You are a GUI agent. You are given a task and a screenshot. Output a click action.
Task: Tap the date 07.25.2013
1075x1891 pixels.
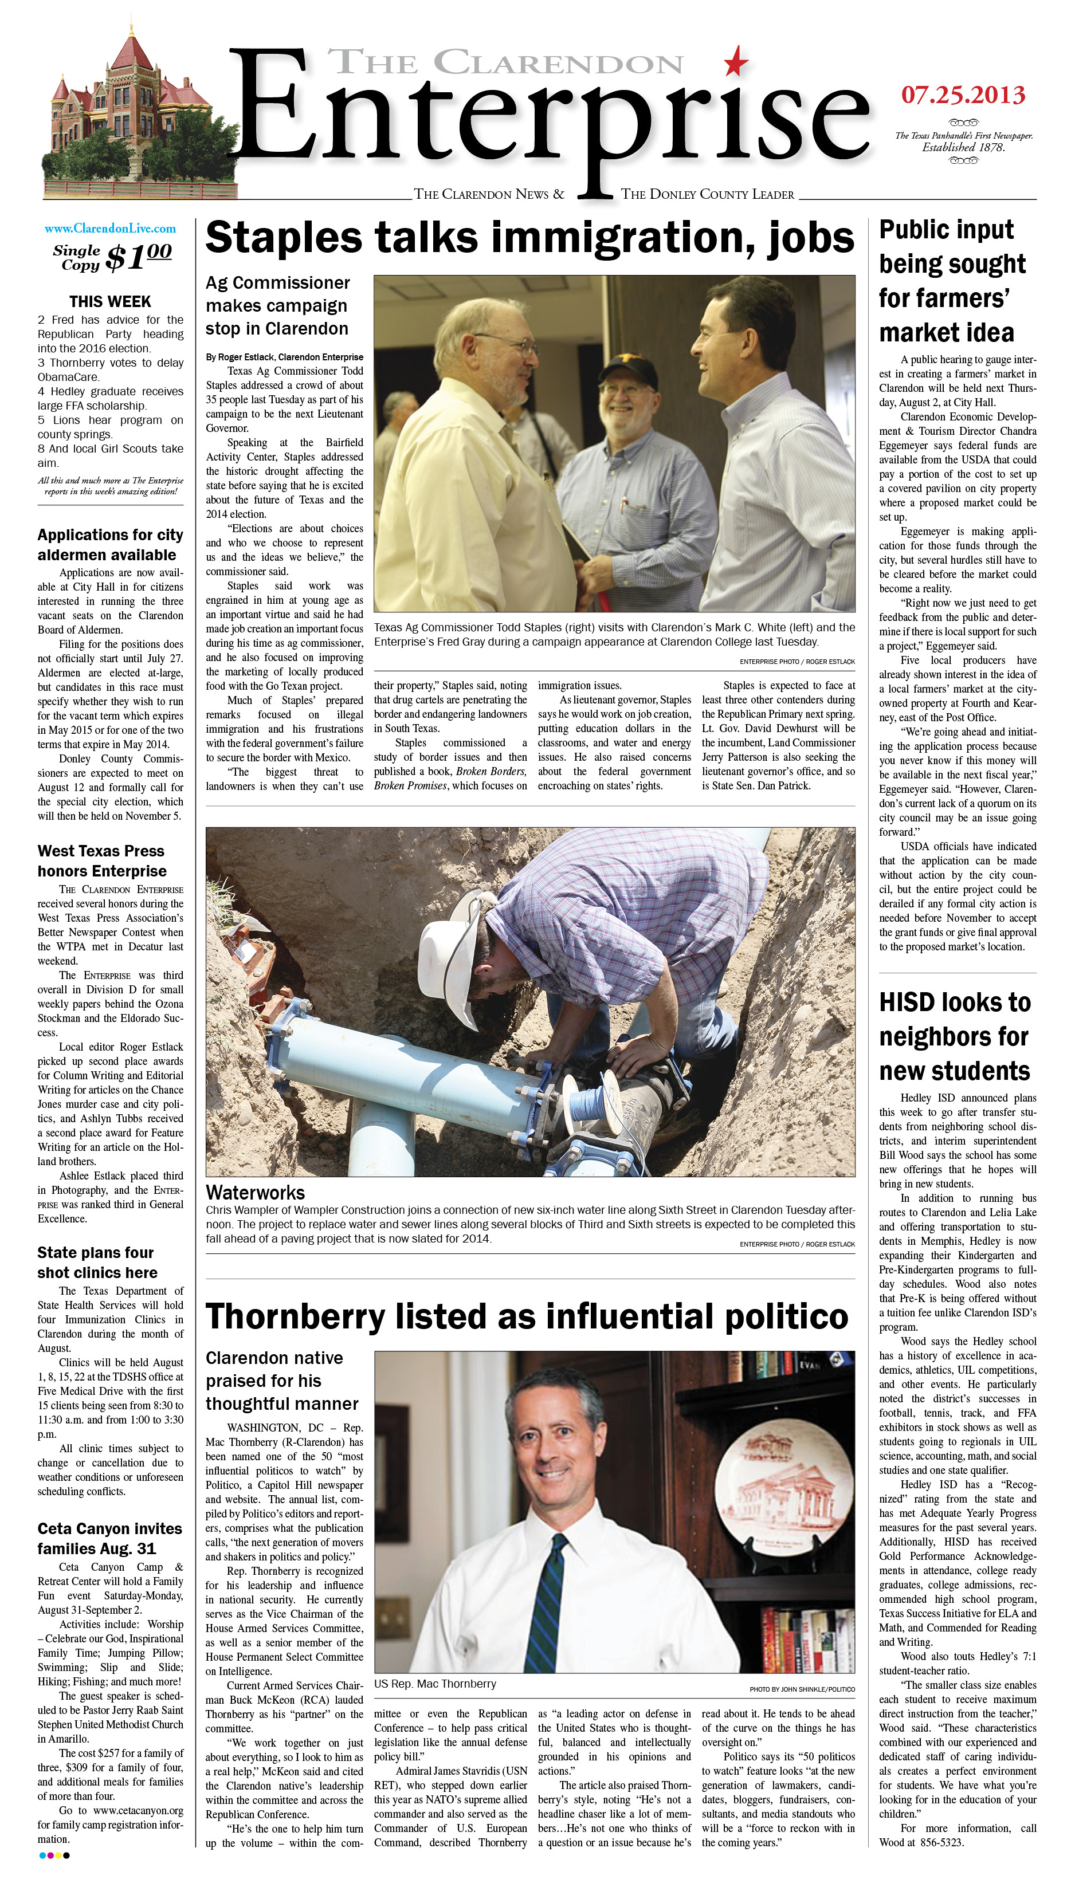click(x=963, y=95)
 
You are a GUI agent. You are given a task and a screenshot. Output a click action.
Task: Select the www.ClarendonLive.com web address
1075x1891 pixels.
click(x=110, y=229)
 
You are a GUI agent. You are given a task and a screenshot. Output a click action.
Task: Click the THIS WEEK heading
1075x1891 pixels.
click(x=110, y=302)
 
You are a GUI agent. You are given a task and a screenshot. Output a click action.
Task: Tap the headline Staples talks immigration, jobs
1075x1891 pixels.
click(x=529, y=238)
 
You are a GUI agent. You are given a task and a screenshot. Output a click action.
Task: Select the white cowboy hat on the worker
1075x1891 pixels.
click(x=450, y=953)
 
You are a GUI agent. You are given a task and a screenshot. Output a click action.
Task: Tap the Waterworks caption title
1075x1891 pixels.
click(x=255, y=1193)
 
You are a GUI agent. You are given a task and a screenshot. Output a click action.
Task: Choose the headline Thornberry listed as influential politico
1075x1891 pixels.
click(x=527, y=1316)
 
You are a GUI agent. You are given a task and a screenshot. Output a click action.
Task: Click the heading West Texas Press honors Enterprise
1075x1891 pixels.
click(x=102, y=860)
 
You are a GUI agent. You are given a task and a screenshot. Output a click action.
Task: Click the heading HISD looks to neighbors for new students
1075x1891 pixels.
click(x=955, y=1036)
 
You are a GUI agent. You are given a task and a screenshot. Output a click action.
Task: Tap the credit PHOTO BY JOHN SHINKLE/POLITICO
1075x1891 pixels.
click(x=802, y=1689)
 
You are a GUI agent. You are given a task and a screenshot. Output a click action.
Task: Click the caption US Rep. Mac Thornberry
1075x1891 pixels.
click(x=435, y=1684)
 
